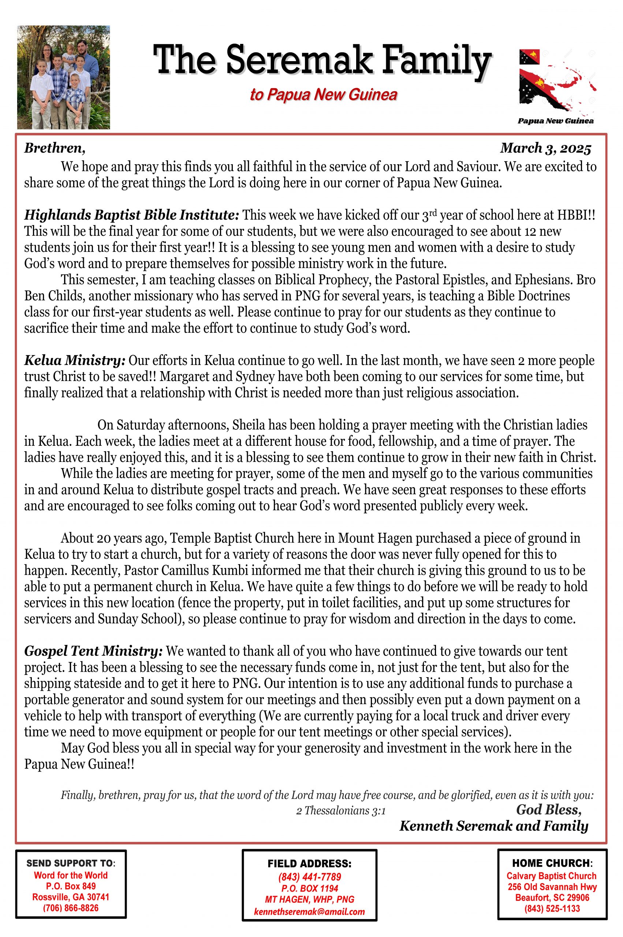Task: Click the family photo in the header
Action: click(x=64, y=77)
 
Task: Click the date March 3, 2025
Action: click(x=545, y=148)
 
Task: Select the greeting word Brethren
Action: click(x=55, y=148)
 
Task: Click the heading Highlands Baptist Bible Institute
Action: click(x=131, y=215)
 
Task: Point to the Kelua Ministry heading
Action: click(x=75, y=361)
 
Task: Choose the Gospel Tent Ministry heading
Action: click(x=93, y=651)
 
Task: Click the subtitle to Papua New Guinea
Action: click(x=324, y=94)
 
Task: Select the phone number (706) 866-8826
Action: click(x=71, y=908)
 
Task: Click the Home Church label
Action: click(x=552, y=863)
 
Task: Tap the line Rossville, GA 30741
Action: click(x=71, y=897)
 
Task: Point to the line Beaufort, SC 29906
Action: click(x=552, y=897)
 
